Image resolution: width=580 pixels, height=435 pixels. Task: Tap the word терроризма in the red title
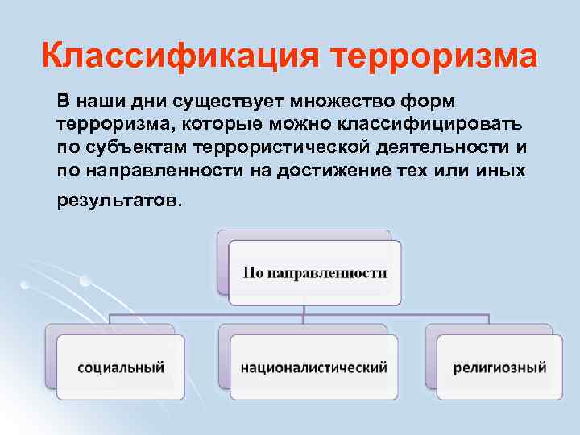coord(433,58)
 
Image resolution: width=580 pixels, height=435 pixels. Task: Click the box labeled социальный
coord(121,367)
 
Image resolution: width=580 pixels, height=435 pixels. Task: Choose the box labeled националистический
coord(313,367)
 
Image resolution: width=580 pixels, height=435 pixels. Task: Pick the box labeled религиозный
coord(499,367)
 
